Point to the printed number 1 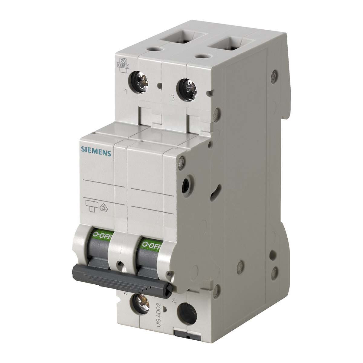tap(126, 91)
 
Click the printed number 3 tap(172, 98)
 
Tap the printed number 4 tap(174, 301)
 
